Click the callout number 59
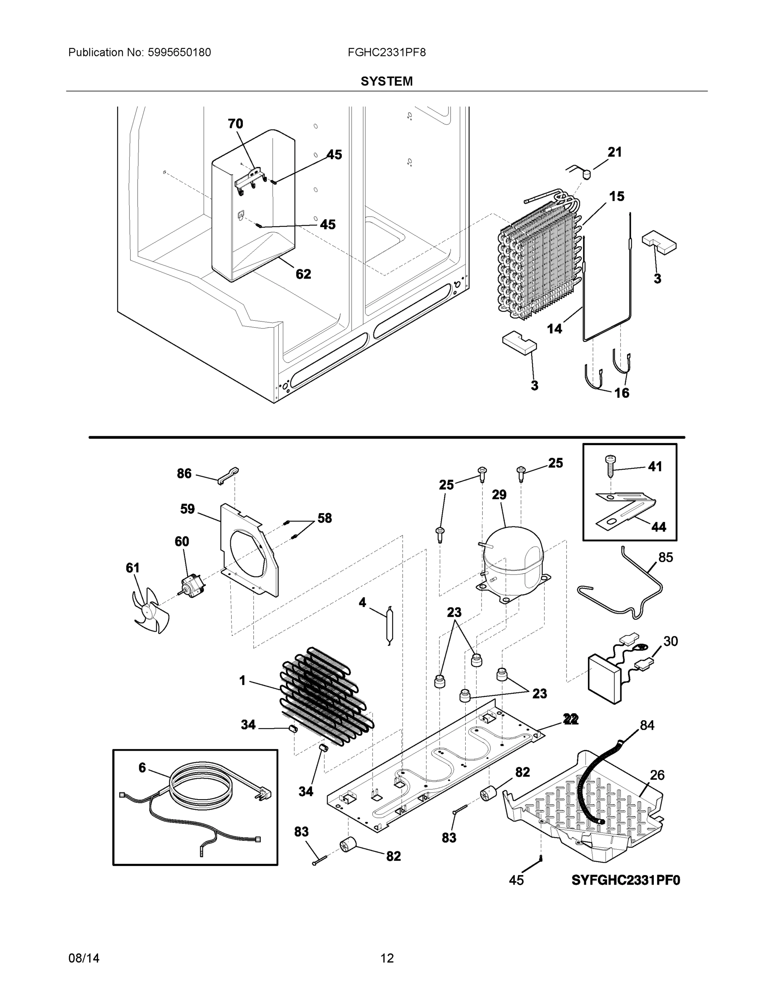pos(187,509)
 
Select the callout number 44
pos(658,527)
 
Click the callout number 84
pos(647,725)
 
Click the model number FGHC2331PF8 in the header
pos(386,52)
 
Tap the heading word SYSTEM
pos(386,81)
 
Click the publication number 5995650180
pos(179,52)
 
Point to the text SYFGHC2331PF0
pos(625,880)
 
